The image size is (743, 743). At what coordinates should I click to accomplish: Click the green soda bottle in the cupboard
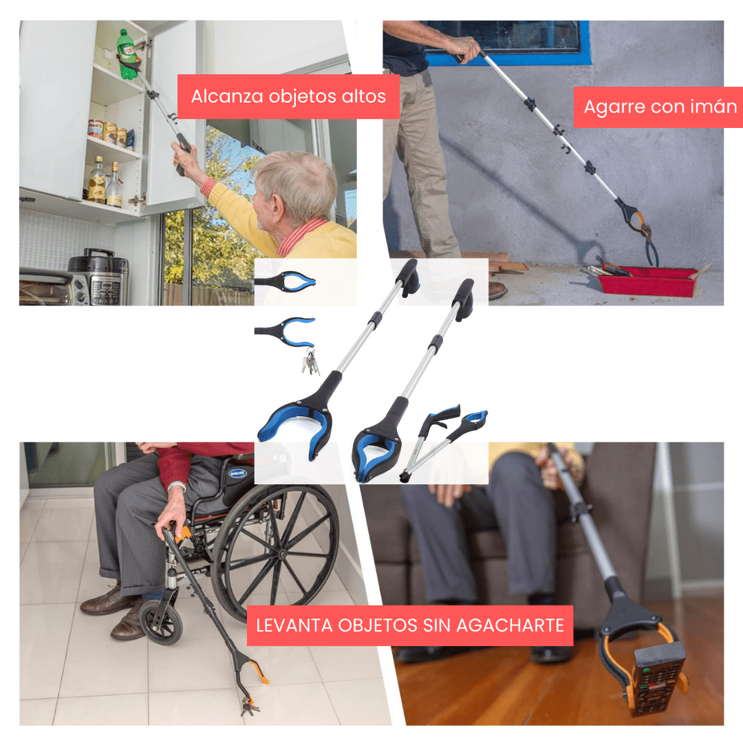(x=127, y=53)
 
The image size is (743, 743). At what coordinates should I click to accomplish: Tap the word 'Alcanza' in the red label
(x=228, y=96)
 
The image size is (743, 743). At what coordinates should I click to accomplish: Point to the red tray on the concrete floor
(x=647, y=281)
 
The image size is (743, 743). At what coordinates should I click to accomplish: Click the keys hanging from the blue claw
(x=310, y=361)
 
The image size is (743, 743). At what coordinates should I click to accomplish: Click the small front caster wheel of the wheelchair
(x=161, y=621)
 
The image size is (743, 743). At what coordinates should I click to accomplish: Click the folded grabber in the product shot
(x=443, y=441)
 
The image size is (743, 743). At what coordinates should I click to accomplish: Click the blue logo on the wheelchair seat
(x=237, y=473)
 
